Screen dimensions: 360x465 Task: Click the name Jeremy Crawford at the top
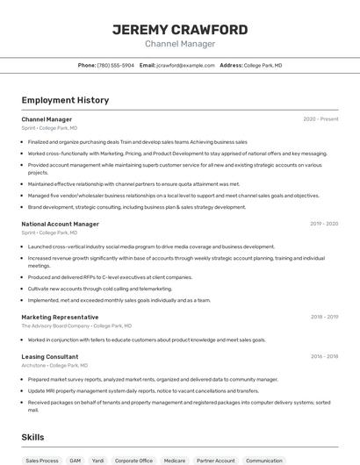point(179,30)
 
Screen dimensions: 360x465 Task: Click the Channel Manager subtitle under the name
point(179,44)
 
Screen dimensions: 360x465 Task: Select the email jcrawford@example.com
point(185,66)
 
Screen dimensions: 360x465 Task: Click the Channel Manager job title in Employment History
point(47,119)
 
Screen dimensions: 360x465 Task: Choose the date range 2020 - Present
point(320,119)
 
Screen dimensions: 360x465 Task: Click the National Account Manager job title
point(60,224)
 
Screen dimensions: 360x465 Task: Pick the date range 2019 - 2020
point(324,224)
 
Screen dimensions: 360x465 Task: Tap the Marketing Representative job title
point(60,317)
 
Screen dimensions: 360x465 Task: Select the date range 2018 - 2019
point(324,317)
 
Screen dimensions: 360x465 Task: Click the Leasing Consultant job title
point(50,357)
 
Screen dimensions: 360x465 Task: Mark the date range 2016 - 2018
point(324,357)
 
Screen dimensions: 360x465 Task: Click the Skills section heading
point(32,437)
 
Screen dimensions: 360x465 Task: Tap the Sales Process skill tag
point(42,461)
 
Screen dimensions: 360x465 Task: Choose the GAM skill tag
point(76,461)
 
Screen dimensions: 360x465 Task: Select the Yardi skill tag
point(98,461)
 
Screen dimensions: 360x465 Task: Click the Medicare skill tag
point(175,461)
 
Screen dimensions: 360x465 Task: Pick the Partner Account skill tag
point(215,461)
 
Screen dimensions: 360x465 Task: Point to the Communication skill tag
point(263,461)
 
